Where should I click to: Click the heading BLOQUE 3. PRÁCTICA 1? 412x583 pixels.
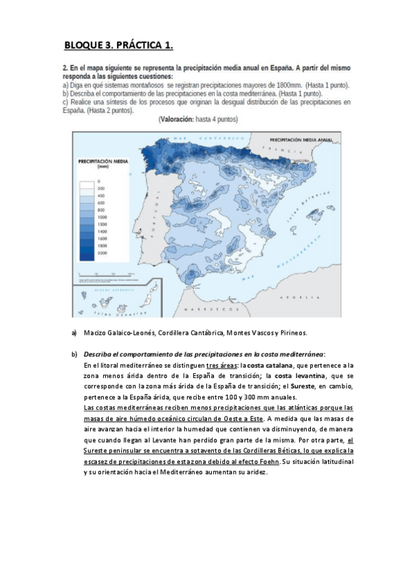(118, 46)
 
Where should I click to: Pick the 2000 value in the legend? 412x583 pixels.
(102, 252)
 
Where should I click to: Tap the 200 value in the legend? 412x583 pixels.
(101, 188)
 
